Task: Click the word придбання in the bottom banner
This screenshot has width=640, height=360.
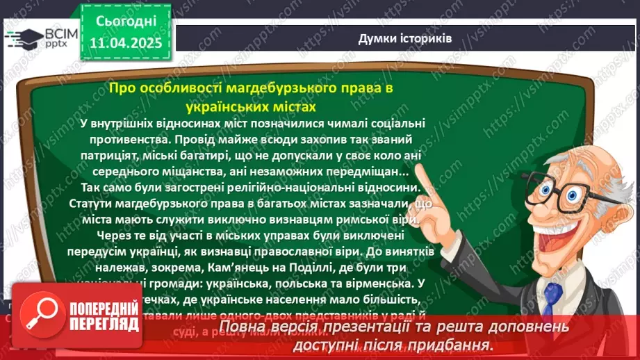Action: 456,345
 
